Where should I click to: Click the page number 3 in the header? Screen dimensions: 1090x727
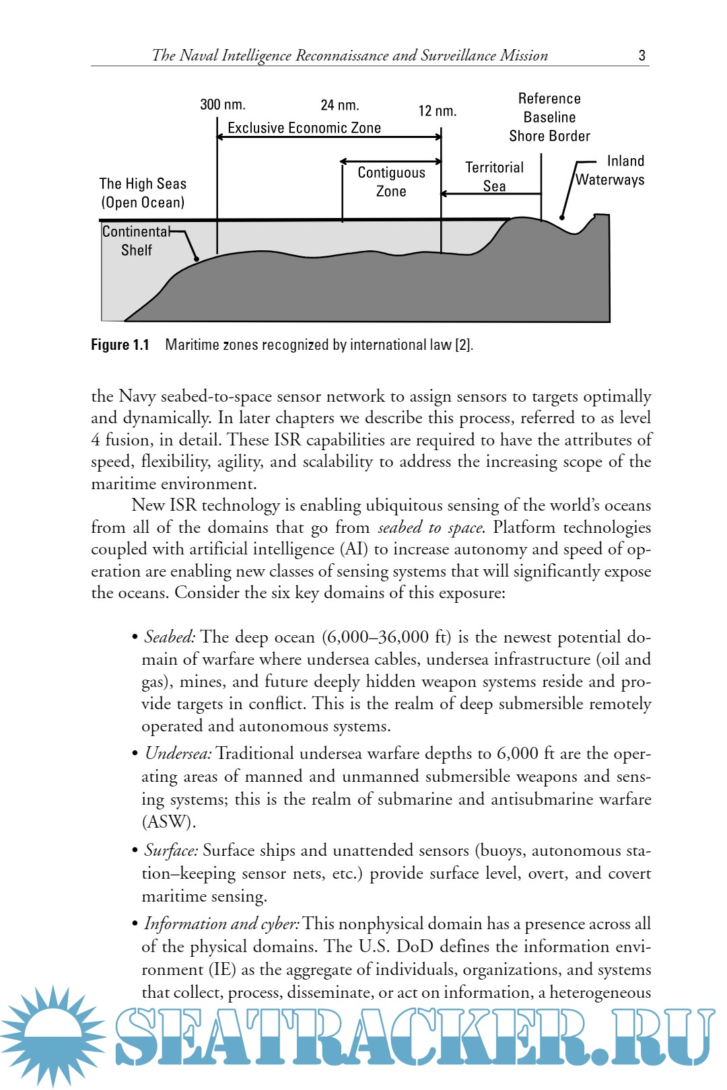pos(642,56)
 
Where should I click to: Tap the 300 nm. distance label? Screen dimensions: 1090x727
pos(223,105)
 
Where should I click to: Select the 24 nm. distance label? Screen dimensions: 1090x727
pos(340,106)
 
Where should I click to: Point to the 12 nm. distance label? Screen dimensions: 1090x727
pos(438,112)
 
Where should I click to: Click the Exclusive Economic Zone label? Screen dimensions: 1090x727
pos(304,128)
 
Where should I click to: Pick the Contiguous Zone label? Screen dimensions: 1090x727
pos(391,182)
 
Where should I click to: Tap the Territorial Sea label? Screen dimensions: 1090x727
pos(494,176)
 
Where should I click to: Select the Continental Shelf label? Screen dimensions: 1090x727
pos(136,241)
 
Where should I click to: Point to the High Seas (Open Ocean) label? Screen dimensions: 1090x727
pos(143,193)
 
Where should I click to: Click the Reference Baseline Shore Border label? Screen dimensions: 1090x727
pos(549,117)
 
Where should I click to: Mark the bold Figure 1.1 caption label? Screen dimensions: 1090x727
pos(120,345)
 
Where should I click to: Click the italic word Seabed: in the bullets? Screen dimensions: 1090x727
pos(170,637)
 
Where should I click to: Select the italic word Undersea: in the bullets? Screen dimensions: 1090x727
pos(178,754)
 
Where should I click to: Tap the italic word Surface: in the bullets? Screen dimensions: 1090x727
pos(171,850)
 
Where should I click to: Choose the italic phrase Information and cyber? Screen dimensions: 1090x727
pos(221,924)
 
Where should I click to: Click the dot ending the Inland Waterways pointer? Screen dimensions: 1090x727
pos(562,217)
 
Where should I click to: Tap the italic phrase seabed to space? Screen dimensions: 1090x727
pos(429,528)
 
